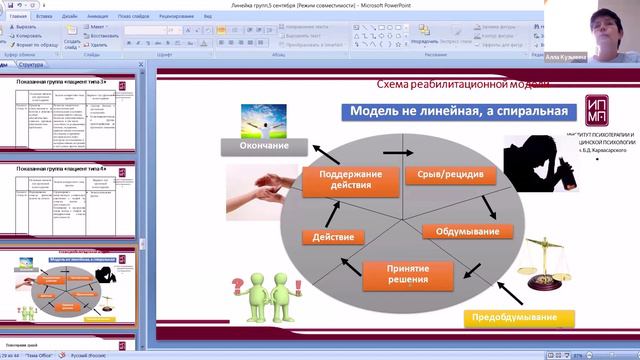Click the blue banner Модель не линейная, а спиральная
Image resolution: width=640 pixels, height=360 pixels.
click(x=455, y=109)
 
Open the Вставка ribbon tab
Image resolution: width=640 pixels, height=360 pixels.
click(x=44, y=17)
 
